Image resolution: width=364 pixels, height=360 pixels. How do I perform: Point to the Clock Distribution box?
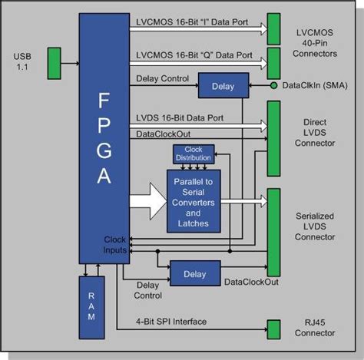tap(192, 154)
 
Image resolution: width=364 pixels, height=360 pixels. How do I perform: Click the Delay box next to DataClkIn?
tap(222, 86)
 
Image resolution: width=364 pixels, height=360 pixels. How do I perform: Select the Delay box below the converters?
tap(194, 272)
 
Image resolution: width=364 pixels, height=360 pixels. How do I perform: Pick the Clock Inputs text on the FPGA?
tap(113, 245)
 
